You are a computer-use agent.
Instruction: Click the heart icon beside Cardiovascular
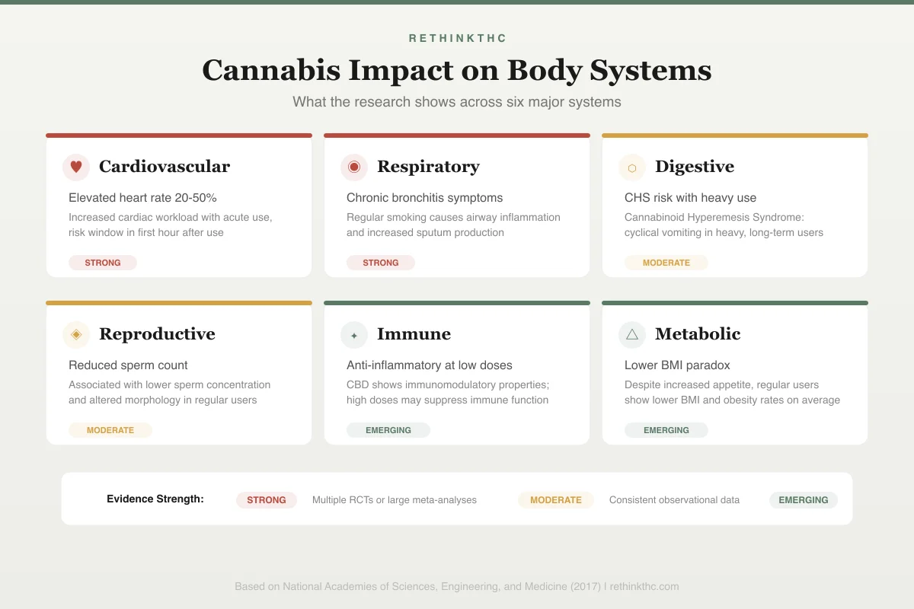76,167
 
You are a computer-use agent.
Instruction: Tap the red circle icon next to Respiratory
354,167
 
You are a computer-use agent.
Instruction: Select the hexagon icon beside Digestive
632,167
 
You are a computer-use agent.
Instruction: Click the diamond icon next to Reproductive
76,334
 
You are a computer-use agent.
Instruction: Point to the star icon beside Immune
354,335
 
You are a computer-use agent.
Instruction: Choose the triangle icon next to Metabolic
632,334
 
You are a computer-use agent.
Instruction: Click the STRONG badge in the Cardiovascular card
103,263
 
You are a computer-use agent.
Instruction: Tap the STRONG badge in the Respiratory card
381,263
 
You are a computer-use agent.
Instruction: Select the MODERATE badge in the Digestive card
666,263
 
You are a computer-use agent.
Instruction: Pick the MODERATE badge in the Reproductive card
110,430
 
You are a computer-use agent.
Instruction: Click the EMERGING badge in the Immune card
388,430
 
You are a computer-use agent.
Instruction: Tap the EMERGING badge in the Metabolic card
666,430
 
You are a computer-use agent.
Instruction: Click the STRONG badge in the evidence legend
267,500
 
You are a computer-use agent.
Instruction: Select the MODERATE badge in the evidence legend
556,500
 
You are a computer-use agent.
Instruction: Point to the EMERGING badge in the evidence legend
804,500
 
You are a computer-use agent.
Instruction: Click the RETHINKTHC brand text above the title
457,38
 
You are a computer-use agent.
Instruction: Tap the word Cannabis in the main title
271,70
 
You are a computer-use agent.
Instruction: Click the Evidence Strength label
155,499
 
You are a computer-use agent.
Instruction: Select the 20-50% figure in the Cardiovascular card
196,198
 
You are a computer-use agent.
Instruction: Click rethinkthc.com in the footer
644,587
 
